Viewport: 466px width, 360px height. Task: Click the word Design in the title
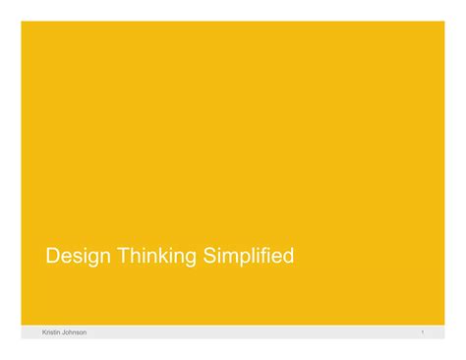click(79, 258)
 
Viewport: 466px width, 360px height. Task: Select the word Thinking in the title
click(158, 258)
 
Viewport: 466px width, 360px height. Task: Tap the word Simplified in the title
click(249, 258)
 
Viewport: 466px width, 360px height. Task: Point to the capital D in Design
click(53, 257)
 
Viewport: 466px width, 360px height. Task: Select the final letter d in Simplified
click(288, 257)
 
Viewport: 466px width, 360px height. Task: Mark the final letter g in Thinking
click(192, 260)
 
